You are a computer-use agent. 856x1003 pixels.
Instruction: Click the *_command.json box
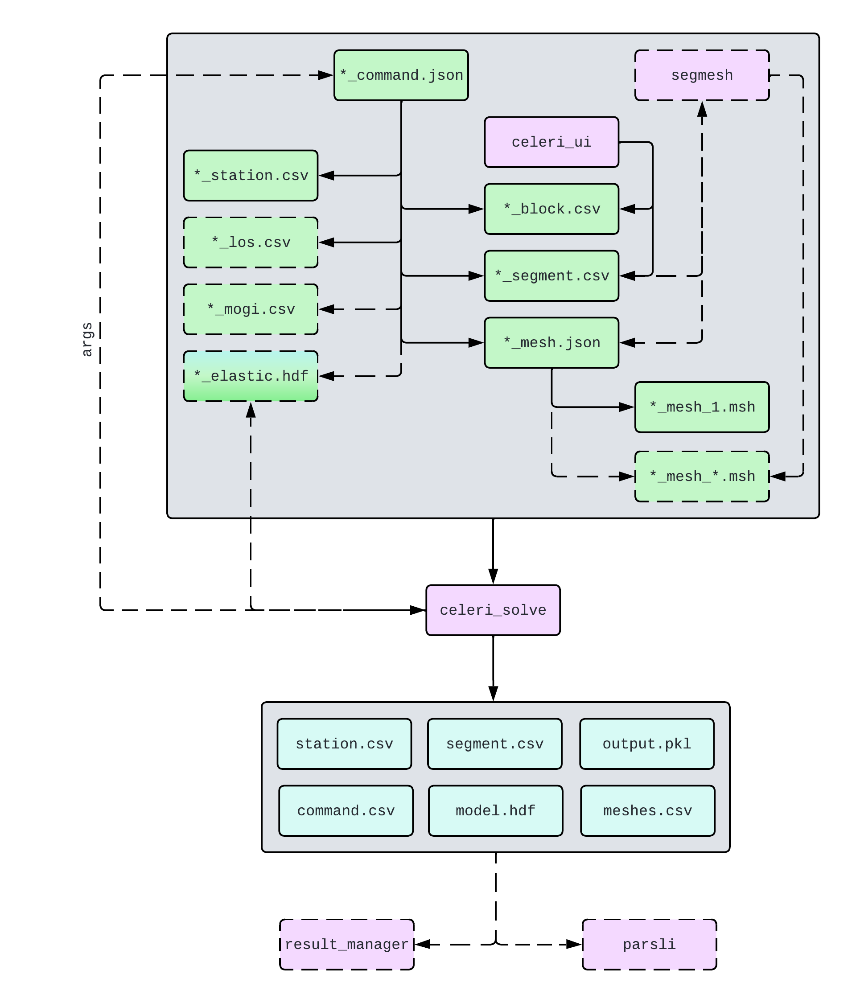point(401,75)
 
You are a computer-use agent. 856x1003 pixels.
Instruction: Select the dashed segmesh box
point(702,75)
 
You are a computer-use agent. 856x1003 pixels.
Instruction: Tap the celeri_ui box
point(551,142)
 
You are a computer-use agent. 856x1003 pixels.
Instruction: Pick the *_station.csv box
point(250,175)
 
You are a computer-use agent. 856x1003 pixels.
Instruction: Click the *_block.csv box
point(551,209)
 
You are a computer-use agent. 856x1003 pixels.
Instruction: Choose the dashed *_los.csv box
point(250,242)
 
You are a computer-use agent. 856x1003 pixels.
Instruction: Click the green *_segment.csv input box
point(551,275)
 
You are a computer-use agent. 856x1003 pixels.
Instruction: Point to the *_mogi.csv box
point(250,309)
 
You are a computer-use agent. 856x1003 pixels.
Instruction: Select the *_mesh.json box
point(551,342)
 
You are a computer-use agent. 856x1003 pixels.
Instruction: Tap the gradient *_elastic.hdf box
point(250,376)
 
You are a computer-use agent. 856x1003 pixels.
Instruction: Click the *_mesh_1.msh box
point(702,407)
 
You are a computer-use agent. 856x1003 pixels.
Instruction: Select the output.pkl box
point(646,744)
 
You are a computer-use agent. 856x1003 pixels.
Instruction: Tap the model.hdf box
point(495,810)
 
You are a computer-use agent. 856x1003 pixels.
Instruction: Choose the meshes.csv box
point(647,810)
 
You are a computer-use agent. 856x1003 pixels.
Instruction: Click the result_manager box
point(347,944)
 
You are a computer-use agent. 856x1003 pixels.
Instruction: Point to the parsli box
point(649,944)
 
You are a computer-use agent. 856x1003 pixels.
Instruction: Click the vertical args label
point(87,339)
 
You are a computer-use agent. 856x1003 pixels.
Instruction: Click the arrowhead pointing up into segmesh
point(702,109)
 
